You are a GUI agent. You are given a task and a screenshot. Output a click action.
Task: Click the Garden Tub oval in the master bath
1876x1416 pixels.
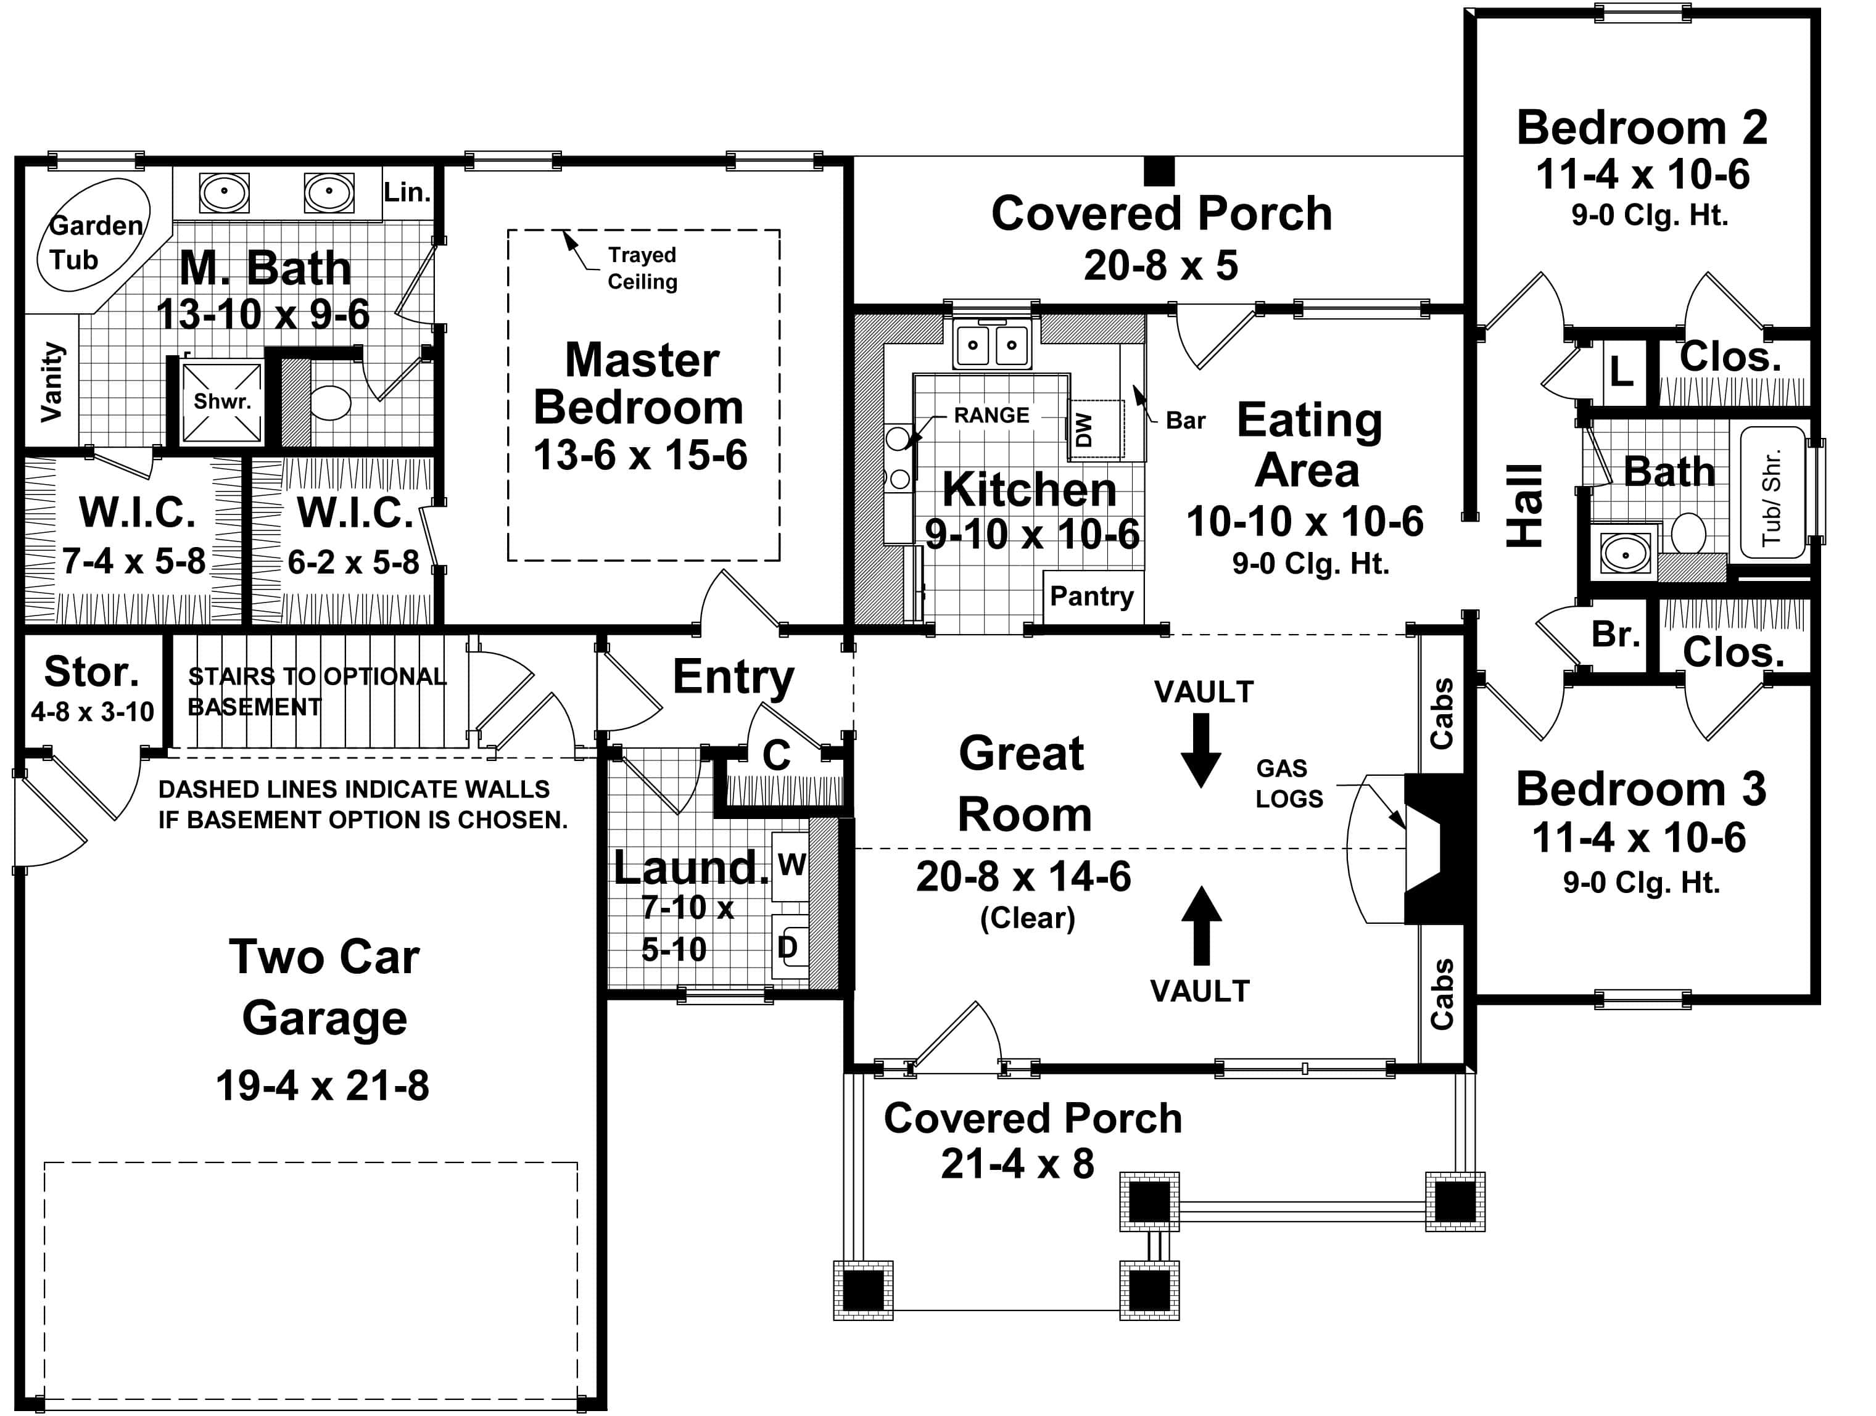click(93, 235)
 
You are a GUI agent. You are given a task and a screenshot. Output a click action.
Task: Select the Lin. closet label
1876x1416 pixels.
click(407, 192)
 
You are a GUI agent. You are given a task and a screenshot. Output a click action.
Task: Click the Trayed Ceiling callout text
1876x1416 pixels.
click(642, 268)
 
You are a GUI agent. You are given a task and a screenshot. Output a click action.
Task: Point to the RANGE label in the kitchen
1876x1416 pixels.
click(991, 416)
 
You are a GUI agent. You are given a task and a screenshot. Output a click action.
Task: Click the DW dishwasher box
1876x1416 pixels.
click(1094, 429)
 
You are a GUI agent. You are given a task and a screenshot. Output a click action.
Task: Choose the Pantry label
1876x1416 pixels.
click(1091, 596)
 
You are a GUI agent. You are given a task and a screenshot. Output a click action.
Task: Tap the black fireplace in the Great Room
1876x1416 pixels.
click(1435, 849)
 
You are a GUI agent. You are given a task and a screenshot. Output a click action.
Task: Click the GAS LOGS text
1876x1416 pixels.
click(1288, 783)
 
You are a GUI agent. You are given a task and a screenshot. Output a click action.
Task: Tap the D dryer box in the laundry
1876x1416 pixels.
click(788, 947)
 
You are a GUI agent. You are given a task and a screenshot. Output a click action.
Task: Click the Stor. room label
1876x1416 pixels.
click(91, 672)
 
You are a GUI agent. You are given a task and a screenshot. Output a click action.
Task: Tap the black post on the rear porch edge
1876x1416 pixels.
click(1159, 171)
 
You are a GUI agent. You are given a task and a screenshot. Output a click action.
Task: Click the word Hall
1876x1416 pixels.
click(1524, 506)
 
